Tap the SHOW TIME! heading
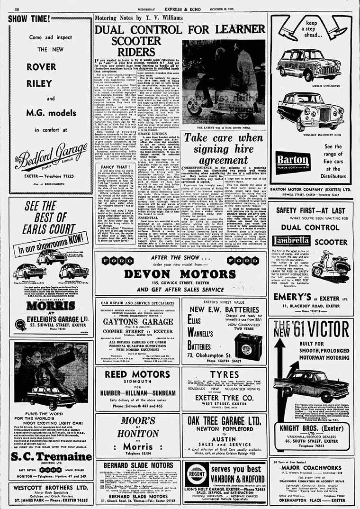point(29,19)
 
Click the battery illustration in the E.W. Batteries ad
point(248,339)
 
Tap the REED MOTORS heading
point(137,374)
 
